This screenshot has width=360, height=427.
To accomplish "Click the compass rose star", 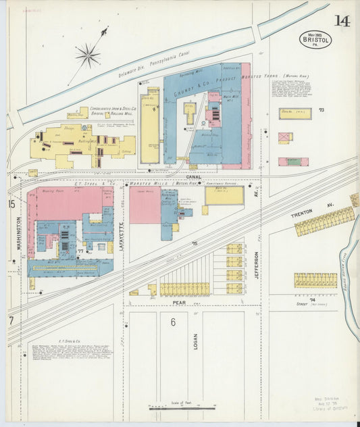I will pyautogui.click(x=88, y=55).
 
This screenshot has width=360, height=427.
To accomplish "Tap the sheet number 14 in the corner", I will pyautogui.click(x=341, y=21).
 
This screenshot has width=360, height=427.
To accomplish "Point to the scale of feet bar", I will pyautogui.click(x=183, y=407).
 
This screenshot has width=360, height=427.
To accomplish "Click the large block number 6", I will pyautogui.click(x=173, y=322).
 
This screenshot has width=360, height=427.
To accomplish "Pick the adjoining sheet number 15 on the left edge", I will pyautogui.click(x=11, y=203).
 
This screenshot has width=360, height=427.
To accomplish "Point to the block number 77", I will pyautogui.click(x=80, y=251).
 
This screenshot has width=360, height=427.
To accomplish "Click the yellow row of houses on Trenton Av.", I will pyautogui.click(x=325, y=221).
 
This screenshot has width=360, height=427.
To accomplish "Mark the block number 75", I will pyautogui.click(x=195, y=243).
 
